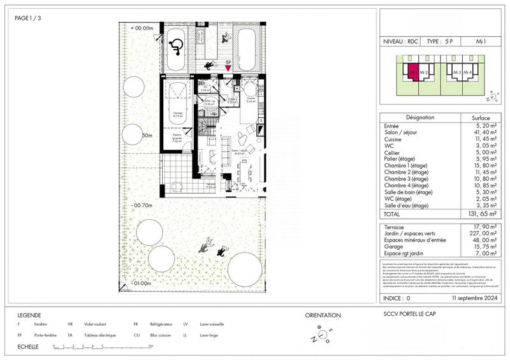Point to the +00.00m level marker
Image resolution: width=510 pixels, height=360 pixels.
tap(143, 28)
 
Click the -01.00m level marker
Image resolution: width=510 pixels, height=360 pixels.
tap(143, 282)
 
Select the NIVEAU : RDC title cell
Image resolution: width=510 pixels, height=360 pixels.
tap(402, 41)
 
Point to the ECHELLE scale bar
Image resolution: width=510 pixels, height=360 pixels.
tap(102, 347)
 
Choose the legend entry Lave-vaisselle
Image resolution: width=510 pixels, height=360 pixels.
tap(212, 324)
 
